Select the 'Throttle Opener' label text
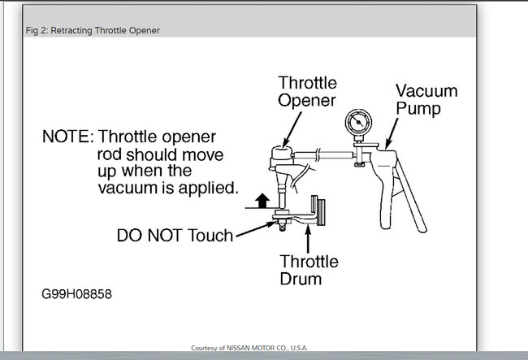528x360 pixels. [308, 92]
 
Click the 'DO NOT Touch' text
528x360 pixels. [175, 236]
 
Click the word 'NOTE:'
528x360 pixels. [68, 137]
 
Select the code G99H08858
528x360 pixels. [79, 293]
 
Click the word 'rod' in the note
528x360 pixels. [108, 154]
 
